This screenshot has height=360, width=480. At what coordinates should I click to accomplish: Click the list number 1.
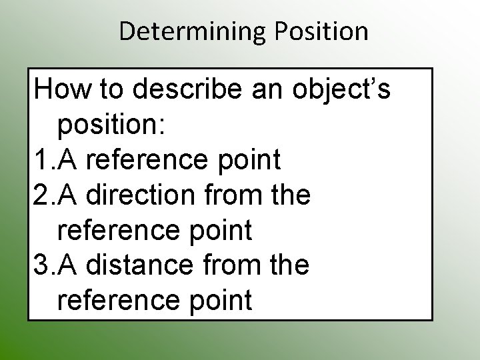(x=41, y=160)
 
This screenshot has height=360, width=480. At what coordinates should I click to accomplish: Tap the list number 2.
(x=41, y=195)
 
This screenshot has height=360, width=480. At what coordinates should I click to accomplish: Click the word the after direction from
(x=288, y=195)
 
